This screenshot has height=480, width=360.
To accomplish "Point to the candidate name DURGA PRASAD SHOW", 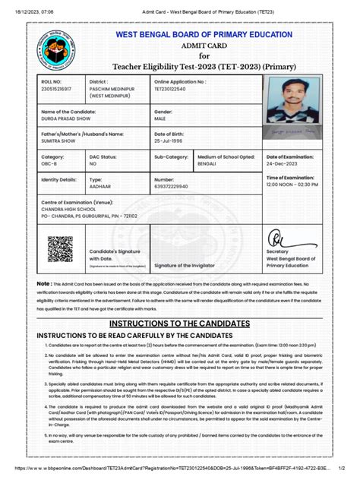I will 68,120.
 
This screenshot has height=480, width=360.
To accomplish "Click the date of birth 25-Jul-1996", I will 171,142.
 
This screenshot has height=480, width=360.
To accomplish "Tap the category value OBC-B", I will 50,163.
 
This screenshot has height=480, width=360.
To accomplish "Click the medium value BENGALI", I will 210,163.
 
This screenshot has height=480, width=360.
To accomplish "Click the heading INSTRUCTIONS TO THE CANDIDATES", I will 179,323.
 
